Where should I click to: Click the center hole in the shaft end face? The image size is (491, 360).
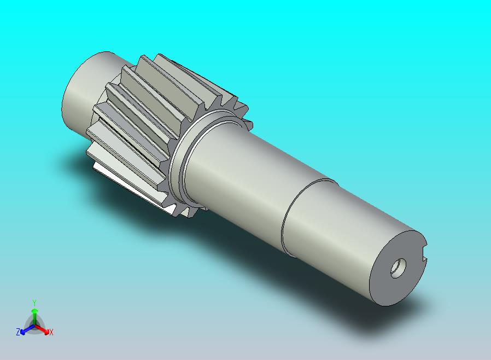pos(398,268)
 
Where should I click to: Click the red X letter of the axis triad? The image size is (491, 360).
pos(51,332)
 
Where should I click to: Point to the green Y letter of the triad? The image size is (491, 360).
pos(34,303)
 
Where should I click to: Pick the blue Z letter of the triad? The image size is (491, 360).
pos(17,332)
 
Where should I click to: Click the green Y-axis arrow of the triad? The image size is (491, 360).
pos(34,314)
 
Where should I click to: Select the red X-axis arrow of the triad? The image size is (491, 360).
pos(43,329)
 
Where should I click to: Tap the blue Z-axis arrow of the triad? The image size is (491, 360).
pos(25,330)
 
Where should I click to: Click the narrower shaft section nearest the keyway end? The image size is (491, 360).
pos(339,230)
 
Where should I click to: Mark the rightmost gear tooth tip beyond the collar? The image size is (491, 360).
pos(248,125)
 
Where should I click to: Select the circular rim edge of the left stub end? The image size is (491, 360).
pos(64,101)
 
